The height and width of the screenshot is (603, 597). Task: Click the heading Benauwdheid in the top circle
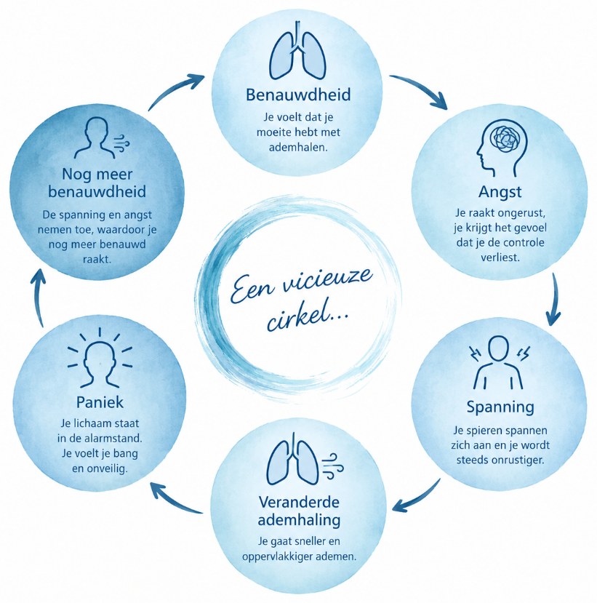(x=298, y=95)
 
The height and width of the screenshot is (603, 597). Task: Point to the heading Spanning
(x=500, y=407)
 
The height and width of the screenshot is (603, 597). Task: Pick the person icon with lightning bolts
(x=499, y=362)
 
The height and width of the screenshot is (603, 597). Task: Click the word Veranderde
(x=299, y=502)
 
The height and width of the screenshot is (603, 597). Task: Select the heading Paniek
(x=100, y=402)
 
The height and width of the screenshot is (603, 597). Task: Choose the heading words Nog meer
(x=97, y=175)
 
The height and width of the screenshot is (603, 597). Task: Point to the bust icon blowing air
(x=102, y=137)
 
